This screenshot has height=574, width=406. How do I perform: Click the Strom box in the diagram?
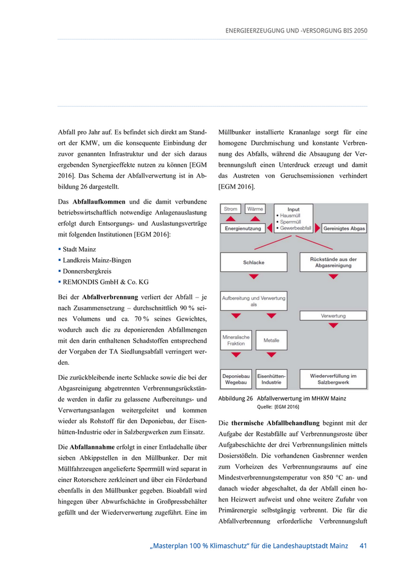(x=231, y=209)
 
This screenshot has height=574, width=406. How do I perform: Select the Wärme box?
(x=255, y=209)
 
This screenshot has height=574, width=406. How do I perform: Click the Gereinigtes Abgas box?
(x=344, y=229)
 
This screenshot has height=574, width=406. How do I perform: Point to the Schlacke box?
(x=254, y=263)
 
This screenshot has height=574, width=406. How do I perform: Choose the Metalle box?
(x=271, y=340)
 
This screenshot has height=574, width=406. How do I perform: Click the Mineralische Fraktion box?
(x=236, y=340)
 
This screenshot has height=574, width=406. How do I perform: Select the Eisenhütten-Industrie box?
(x=271, y=379)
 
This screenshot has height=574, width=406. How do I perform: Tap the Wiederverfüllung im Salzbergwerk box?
(x=333, y=379)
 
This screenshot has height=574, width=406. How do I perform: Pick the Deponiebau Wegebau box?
(x=236, y=379)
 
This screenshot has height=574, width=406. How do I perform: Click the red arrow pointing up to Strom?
(x=231, y=219)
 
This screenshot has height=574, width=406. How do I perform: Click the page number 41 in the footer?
(x=363, y=546)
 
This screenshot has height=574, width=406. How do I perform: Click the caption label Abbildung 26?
(x=235, y=398)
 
